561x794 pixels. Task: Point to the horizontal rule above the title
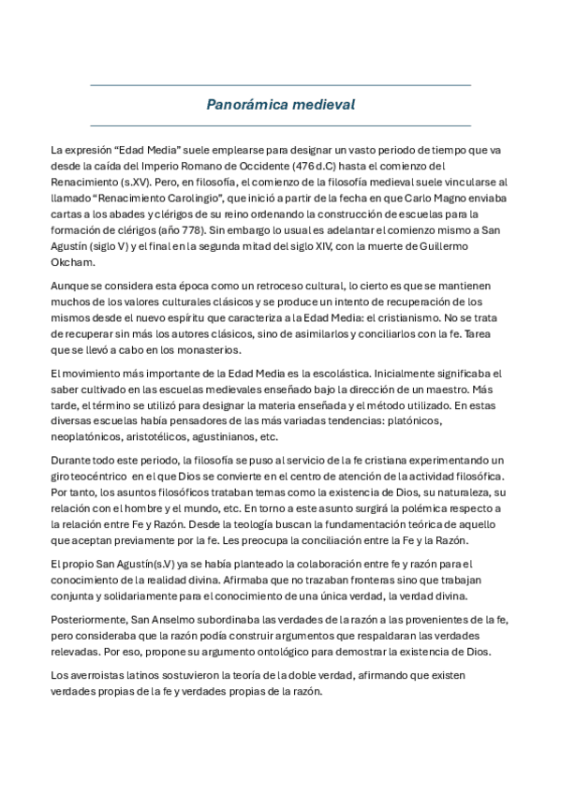coord(280,85)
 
